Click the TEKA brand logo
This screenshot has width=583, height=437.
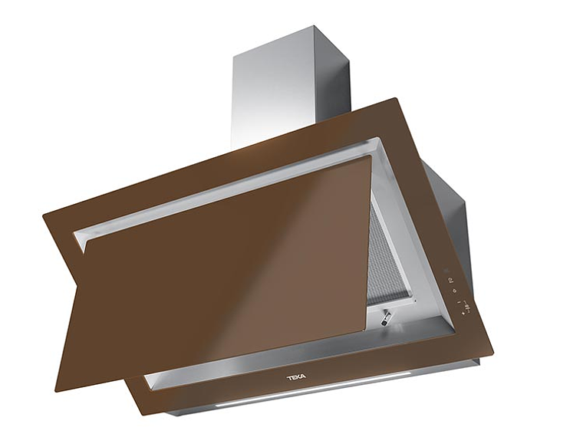(297, 377)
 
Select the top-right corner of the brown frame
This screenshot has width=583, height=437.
(396, 100)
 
